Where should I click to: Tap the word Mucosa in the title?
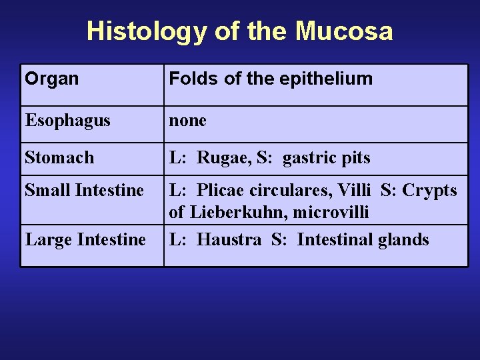click(x=345, y=31)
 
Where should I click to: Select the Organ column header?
click(x=52, y=79)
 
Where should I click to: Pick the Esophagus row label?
click(x=67, y=121)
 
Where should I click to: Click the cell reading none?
click(x=187, y=121)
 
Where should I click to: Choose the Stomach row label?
click(x=59, y=158)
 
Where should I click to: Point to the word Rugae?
click(x=223, y=158)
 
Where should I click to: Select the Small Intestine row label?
click(x=84, y=191)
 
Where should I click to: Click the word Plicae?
click(x=221, y=191)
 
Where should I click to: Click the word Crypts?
click(x=430, y=191)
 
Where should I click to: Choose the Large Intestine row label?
click(x=85, y=239)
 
